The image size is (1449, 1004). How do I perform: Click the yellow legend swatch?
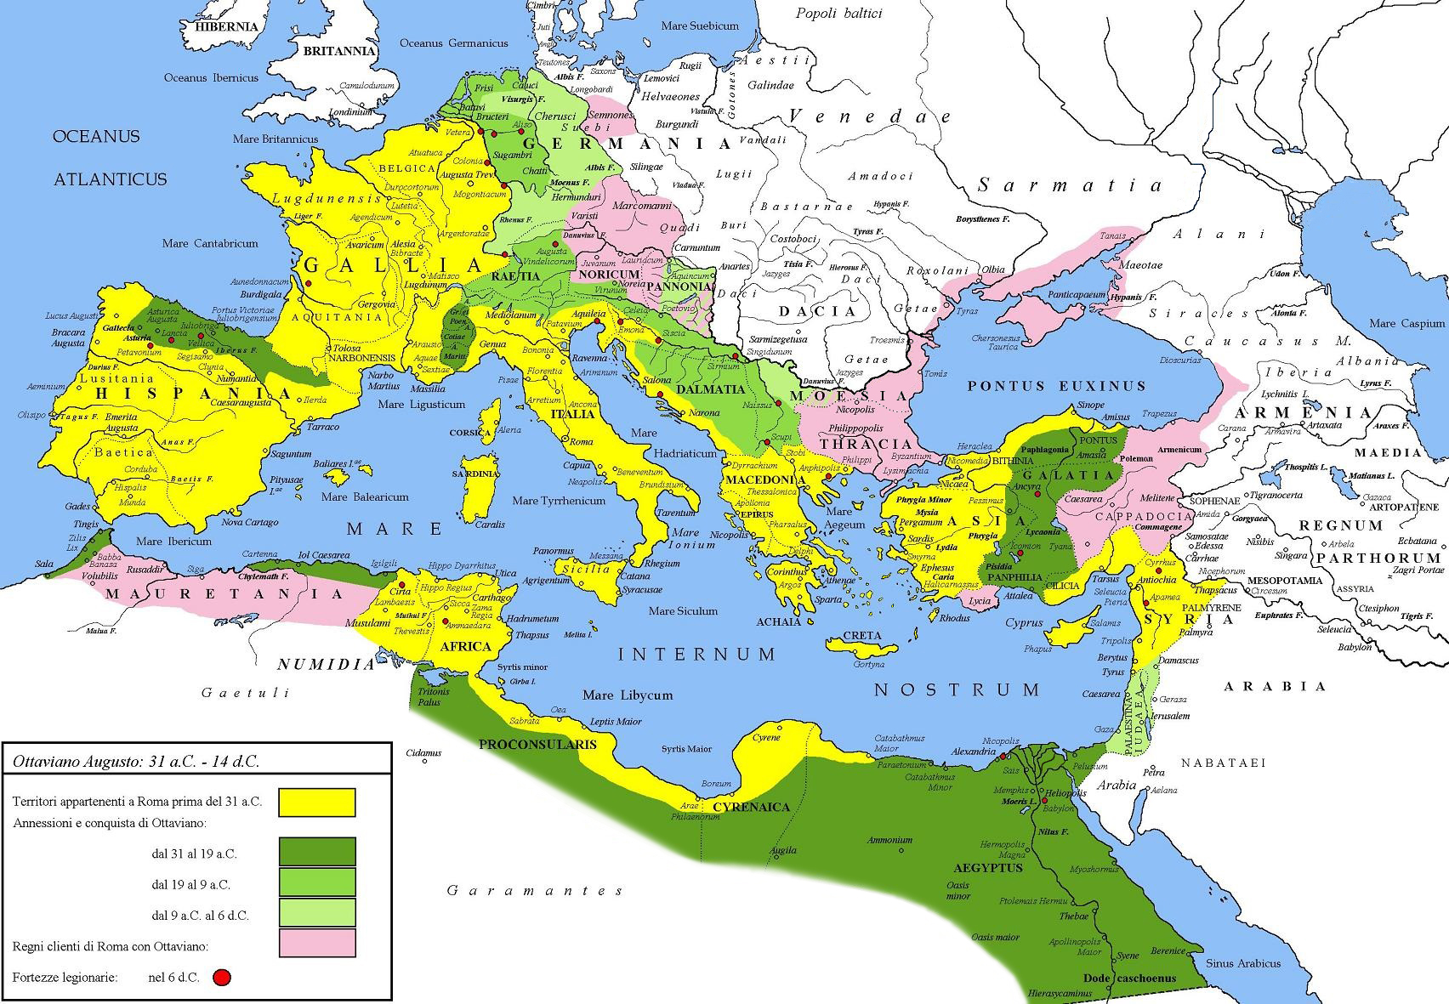point(316,802)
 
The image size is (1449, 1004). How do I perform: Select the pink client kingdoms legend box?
point(316,943)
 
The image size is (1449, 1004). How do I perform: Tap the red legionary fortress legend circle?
point(223,978)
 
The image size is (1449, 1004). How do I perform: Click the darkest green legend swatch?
point(316,852)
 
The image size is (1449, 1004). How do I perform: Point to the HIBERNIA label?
point(226,26)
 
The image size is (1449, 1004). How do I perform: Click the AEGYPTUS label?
point(987,868)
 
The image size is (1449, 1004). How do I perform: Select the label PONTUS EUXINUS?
point(1056,386)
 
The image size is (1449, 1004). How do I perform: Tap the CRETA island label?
point(861,636)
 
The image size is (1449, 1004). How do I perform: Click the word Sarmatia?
point(1069,185)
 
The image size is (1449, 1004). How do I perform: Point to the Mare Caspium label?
point(1406,323)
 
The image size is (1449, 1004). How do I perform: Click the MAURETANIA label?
point(224,593)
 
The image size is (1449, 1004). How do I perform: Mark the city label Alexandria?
point(973,752)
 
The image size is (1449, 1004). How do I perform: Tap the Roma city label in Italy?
point(581,442)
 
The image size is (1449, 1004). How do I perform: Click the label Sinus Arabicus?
point(1242,963)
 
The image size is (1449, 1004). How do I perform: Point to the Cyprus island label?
point(1024,622)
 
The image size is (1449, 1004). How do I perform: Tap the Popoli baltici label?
point(838,14)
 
